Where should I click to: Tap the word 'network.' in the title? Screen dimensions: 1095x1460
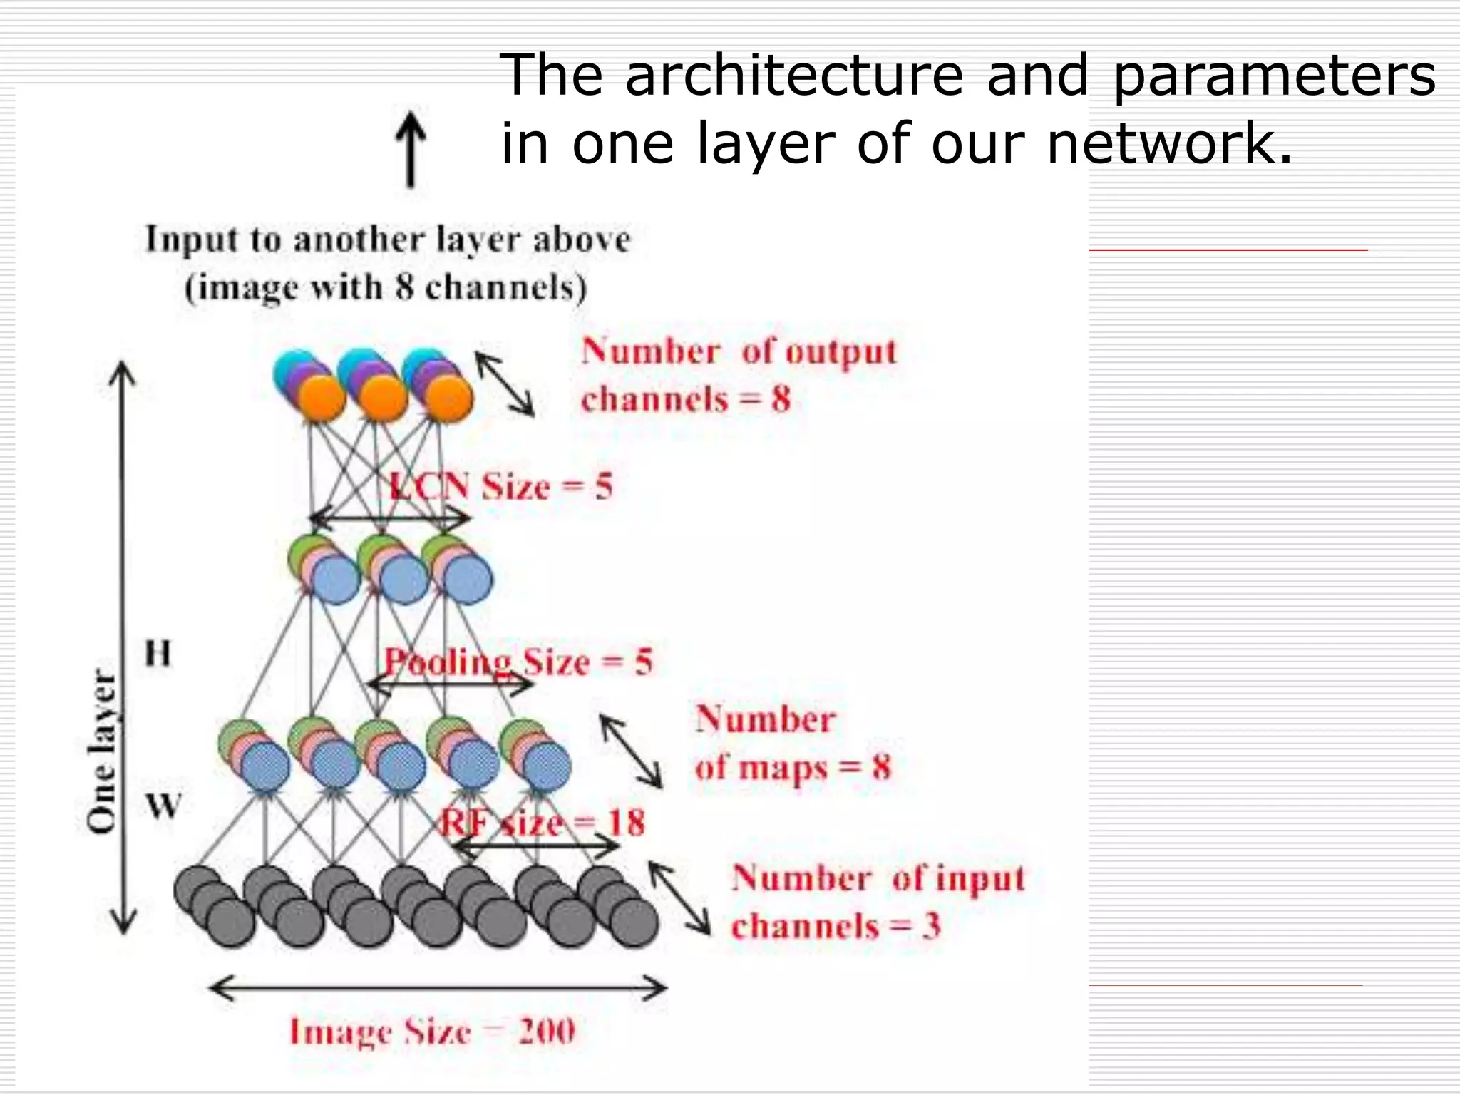(1169, 144)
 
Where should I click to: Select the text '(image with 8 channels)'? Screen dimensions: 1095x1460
(386, 288)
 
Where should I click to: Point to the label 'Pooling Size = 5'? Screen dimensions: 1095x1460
(518, 662)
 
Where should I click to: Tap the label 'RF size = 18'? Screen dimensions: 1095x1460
(542, 823)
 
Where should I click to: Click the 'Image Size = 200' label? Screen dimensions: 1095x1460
(432, 1032)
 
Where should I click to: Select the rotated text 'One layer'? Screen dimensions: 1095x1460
(102, 751)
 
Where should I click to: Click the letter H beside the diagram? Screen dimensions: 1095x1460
(158, 653)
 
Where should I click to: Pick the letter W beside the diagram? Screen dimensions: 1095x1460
(163, 807)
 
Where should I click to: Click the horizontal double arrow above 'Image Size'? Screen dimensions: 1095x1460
(438, 989)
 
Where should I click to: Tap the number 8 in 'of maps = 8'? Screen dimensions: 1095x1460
(882, 768)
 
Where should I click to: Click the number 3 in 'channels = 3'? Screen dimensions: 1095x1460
(931, 926)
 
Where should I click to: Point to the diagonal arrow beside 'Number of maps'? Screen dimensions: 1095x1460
(631, 751)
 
